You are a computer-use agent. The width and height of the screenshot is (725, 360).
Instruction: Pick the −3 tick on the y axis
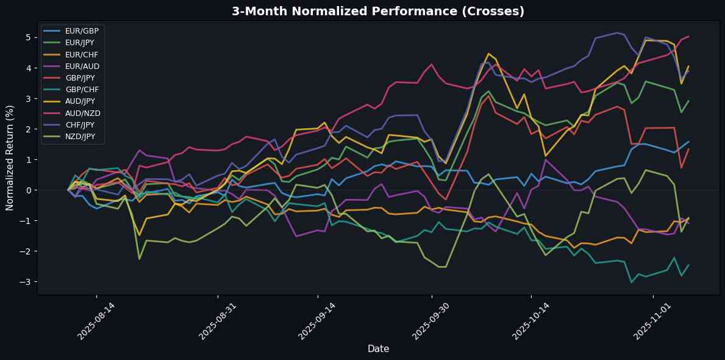(x=28, y=282)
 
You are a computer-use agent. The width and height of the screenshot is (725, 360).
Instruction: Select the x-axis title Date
(x=378, y=348)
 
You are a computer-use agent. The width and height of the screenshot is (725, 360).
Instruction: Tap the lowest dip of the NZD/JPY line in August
(x=140, y=259)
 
